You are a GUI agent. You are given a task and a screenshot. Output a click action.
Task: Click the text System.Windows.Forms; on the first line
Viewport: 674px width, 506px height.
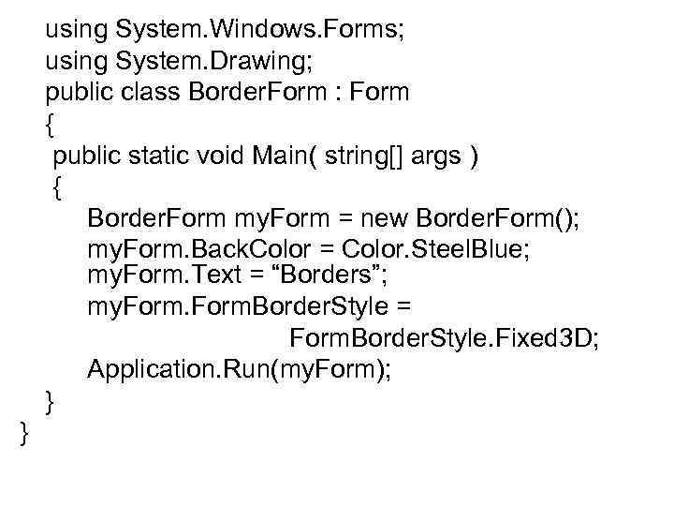click(x=260, y=30)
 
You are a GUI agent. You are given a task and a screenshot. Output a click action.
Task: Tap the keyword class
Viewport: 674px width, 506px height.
click(x=154, y=94)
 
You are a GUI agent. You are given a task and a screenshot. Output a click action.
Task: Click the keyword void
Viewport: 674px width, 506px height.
click(x=224, y=156)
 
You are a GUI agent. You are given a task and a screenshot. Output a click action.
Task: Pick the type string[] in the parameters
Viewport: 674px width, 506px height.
click(x=372, y=156)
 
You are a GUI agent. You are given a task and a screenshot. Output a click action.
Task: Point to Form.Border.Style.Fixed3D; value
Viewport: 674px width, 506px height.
click(x=444, y=337)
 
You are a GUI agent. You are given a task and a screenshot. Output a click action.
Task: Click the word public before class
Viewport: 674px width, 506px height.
click(x=75, y=94)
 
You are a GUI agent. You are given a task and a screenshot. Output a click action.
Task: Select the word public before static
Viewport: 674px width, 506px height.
click(x=87, y=156)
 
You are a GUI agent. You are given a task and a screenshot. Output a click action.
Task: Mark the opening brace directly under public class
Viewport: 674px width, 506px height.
click(x=50, y=125)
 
